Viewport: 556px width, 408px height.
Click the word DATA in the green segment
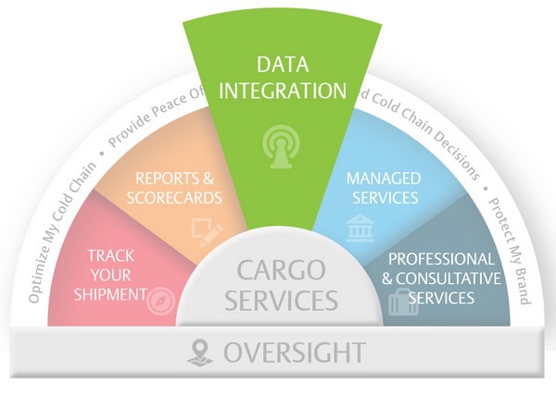click(x=278, y=65)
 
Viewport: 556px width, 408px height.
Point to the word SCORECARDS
click(x=178, y=197)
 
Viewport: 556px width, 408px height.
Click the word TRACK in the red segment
click(x=109, y=255)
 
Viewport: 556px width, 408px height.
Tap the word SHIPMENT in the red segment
click(x=112, y=295)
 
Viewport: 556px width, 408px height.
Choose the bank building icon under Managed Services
click(x=360, y=229)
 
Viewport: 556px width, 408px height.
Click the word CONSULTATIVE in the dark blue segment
click(x=450, y=278)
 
